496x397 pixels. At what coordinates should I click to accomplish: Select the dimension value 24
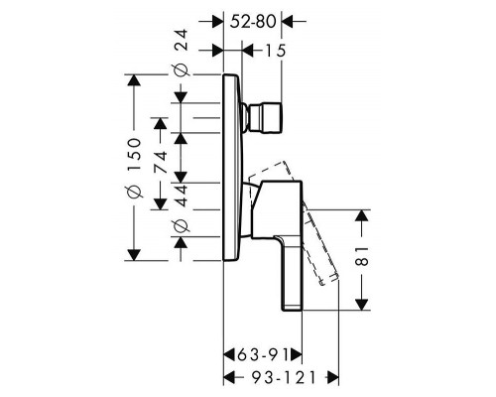coord(181,42)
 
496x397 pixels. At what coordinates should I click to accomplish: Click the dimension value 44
coord(181,195)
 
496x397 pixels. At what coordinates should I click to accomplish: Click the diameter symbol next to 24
coord(181,69)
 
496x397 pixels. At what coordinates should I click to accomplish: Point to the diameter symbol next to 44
coord(181,230)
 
